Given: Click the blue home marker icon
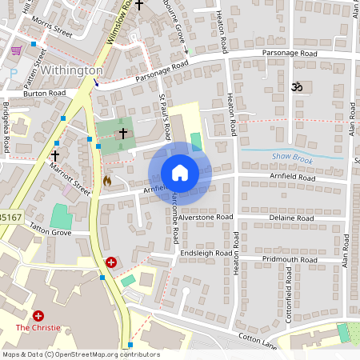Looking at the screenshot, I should tap(180, 173).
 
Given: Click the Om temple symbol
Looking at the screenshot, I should tap(298, 85).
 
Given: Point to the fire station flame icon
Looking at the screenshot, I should tap(107, 181).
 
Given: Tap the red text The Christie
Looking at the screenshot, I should tap(38, 328).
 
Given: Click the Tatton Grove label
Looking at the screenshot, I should tap(50, 233).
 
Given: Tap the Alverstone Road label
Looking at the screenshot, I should tap(206, 217).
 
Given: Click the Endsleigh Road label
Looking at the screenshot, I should tap(205, 253).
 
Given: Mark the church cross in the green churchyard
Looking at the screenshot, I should tap(123, 133).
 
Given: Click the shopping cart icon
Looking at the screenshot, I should tap(16, 50).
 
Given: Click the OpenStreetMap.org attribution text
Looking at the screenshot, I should tap(100, 354).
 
